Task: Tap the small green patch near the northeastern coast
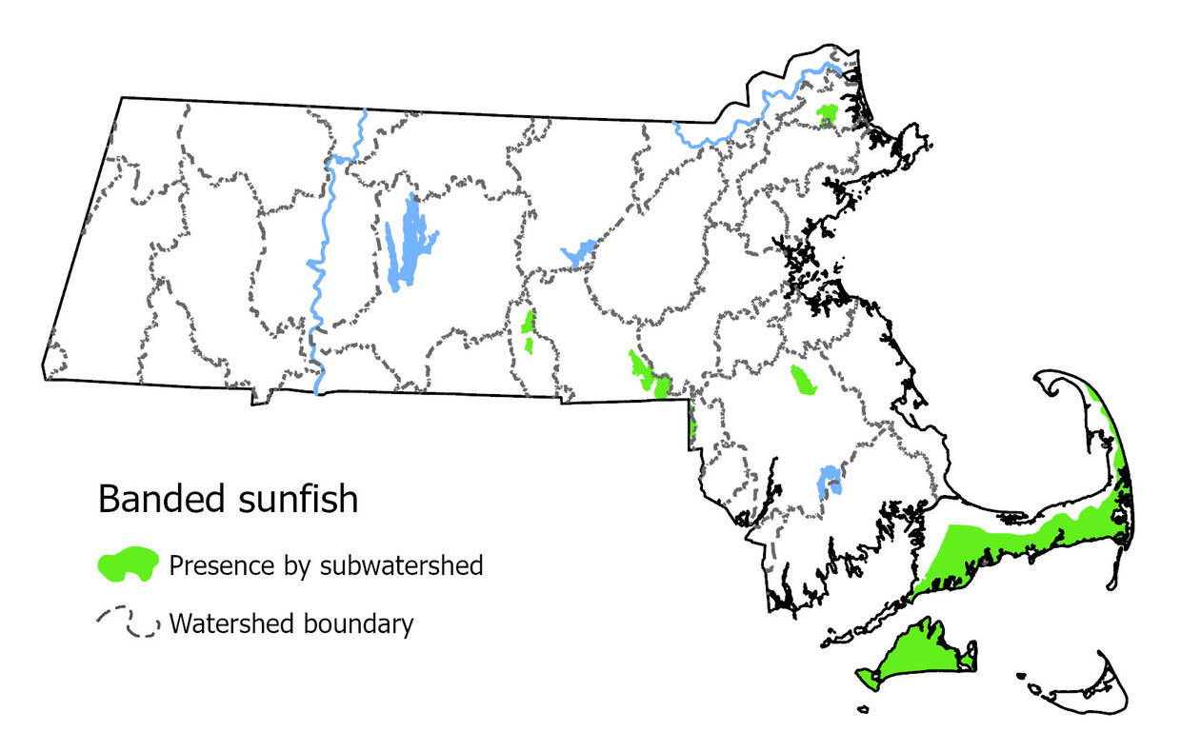pos(827,115)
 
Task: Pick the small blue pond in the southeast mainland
pos(830,480)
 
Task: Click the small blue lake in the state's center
pos(577,254)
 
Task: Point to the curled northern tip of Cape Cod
pos(1052,385)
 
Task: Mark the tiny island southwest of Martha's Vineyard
pos(863,708)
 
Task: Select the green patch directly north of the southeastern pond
pos(803,380)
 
